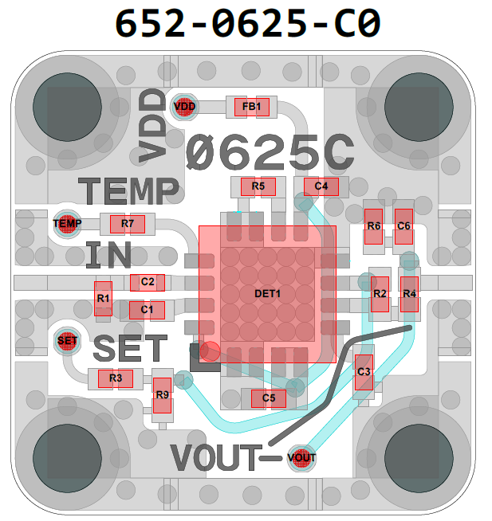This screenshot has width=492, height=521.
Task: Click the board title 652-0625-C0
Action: coord(246,24)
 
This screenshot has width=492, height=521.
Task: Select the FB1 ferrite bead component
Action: coord(252,107)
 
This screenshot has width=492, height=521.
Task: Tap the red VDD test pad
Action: coord(184,107)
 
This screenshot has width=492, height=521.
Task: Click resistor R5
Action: coord(258,186)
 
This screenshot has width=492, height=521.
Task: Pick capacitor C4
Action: coord(321,186)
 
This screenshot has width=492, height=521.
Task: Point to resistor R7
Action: coord(128,224)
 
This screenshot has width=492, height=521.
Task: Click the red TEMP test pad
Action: coord(67,224)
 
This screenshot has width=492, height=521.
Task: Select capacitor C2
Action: coord(148,282)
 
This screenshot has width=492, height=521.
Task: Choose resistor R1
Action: coord(103,299)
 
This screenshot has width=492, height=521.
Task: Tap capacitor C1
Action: coord(147,309)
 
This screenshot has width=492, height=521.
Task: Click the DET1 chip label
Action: coord(268,293)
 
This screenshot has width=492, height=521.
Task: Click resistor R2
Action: coord(380,295)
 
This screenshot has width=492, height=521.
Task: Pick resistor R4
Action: coord(409,295)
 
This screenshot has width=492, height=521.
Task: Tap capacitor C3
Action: coord(364,372)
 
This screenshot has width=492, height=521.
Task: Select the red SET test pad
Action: coord(68,341)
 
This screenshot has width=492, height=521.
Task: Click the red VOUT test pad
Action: coord(301,458)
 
